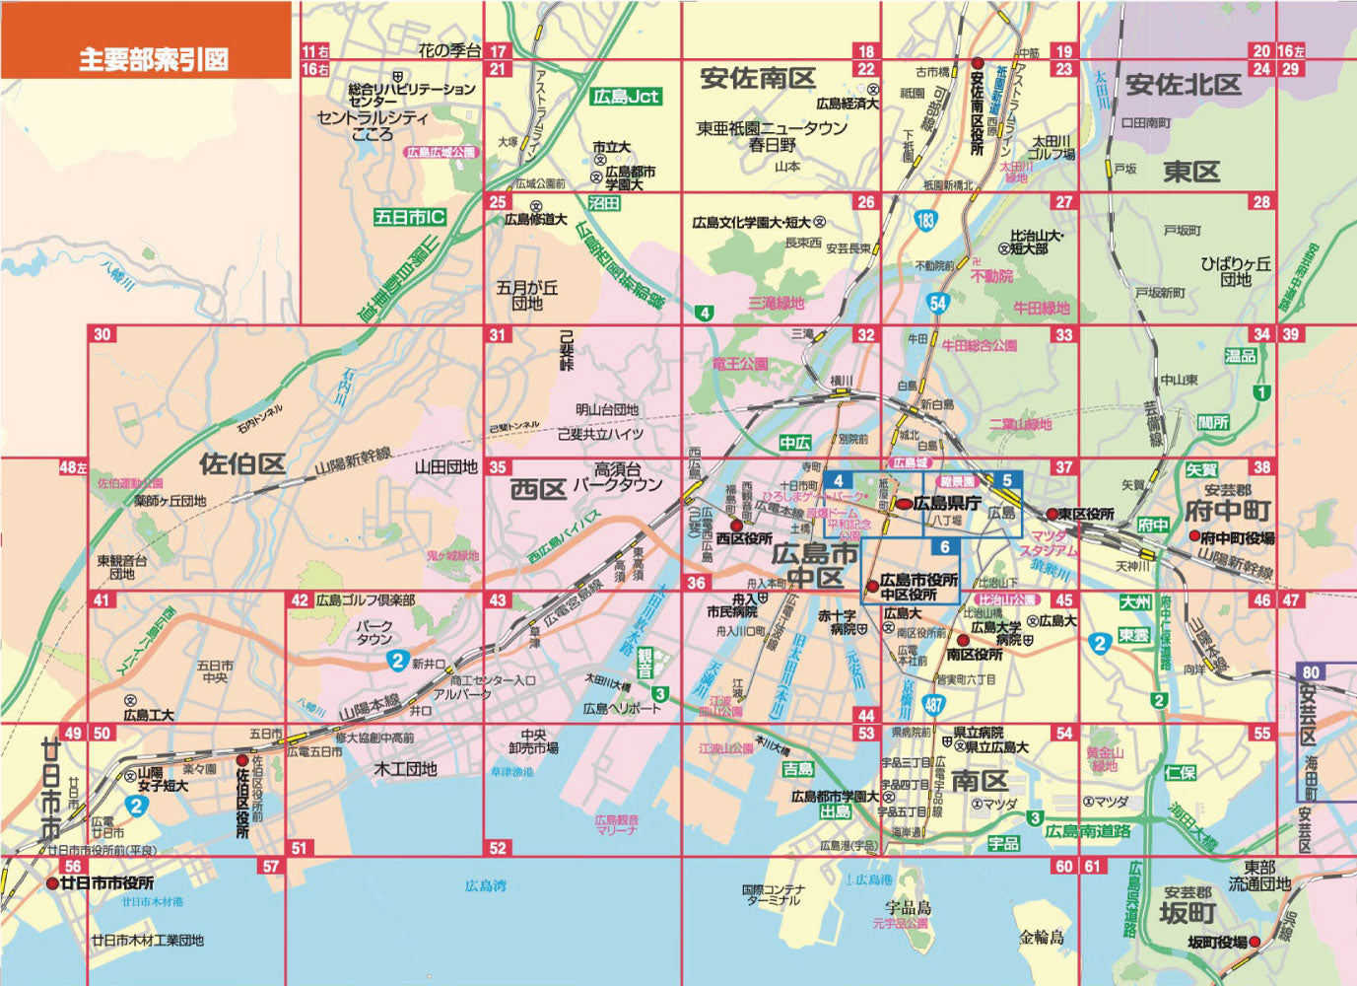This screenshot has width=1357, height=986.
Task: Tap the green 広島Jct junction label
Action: point(626,97)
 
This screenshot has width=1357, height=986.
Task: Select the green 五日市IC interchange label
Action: point(410,217)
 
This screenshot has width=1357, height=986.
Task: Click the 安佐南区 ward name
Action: point(758,79)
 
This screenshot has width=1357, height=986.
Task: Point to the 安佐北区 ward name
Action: point(1183,85)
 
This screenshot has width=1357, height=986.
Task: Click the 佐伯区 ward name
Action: point(242,463)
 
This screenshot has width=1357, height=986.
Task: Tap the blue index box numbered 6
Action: point(944,547)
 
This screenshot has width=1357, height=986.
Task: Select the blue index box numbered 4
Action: point(838,481)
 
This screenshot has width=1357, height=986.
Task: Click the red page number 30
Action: point(102,334)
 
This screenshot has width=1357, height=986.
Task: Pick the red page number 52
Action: point(498,847)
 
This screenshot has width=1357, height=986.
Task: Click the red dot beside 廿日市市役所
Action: point(52,883)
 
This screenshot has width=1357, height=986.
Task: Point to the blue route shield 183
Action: point(924,220)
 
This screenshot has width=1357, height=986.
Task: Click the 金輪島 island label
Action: point(1042,937)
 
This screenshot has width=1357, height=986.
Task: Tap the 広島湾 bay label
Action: point(485,886)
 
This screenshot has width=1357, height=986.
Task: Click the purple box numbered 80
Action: point(1310,672)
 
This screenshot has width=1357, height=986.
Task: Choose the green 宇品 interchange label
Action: point(1004,845)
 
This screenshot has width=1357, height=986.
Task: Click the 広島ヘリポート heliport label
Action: point(622,708)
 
